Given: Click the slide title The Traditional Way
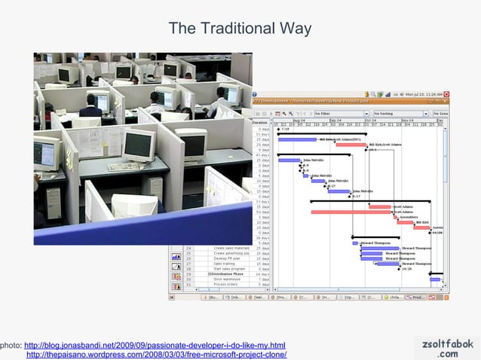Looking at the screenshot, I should [240, 29].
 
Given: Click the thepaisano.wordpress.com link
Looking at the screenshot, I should [156, 355].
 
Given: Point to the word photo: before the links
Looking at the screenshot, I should [11, 345].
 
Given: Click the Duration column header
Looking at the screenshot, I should [260, 121].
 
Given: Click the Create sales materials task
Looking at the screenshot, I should [231, 248].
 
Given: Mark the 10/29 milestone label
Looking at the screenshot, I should [406, 269].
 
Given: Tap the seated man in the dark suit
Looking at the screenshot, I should [102, 105].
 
